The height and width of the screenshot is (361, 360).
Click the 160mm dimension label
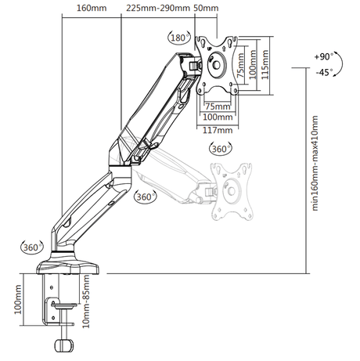tap(92, 8)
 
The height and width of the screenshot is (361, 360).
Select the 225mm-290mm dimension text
tap(158, 8)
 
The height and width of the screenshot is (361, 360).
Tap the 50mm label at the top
tap(206, 8)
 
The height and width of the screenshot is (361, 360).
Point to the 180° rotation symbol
tap(179, 38)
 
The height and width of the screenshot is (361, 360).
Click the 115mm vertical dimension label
tap(265, 65)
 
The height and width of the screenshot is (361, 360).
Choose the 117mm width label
tap(218, 130)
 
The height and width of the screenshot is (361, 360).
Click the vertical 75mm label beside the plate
tap(240, 65)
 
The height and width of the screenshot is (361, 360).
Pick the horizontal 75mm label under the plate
tap(218, 106)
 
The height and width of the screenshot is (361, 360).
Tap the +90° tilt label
tap(324, 56)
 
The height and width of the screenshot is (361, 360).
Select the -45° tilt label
tap(325, 72)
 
